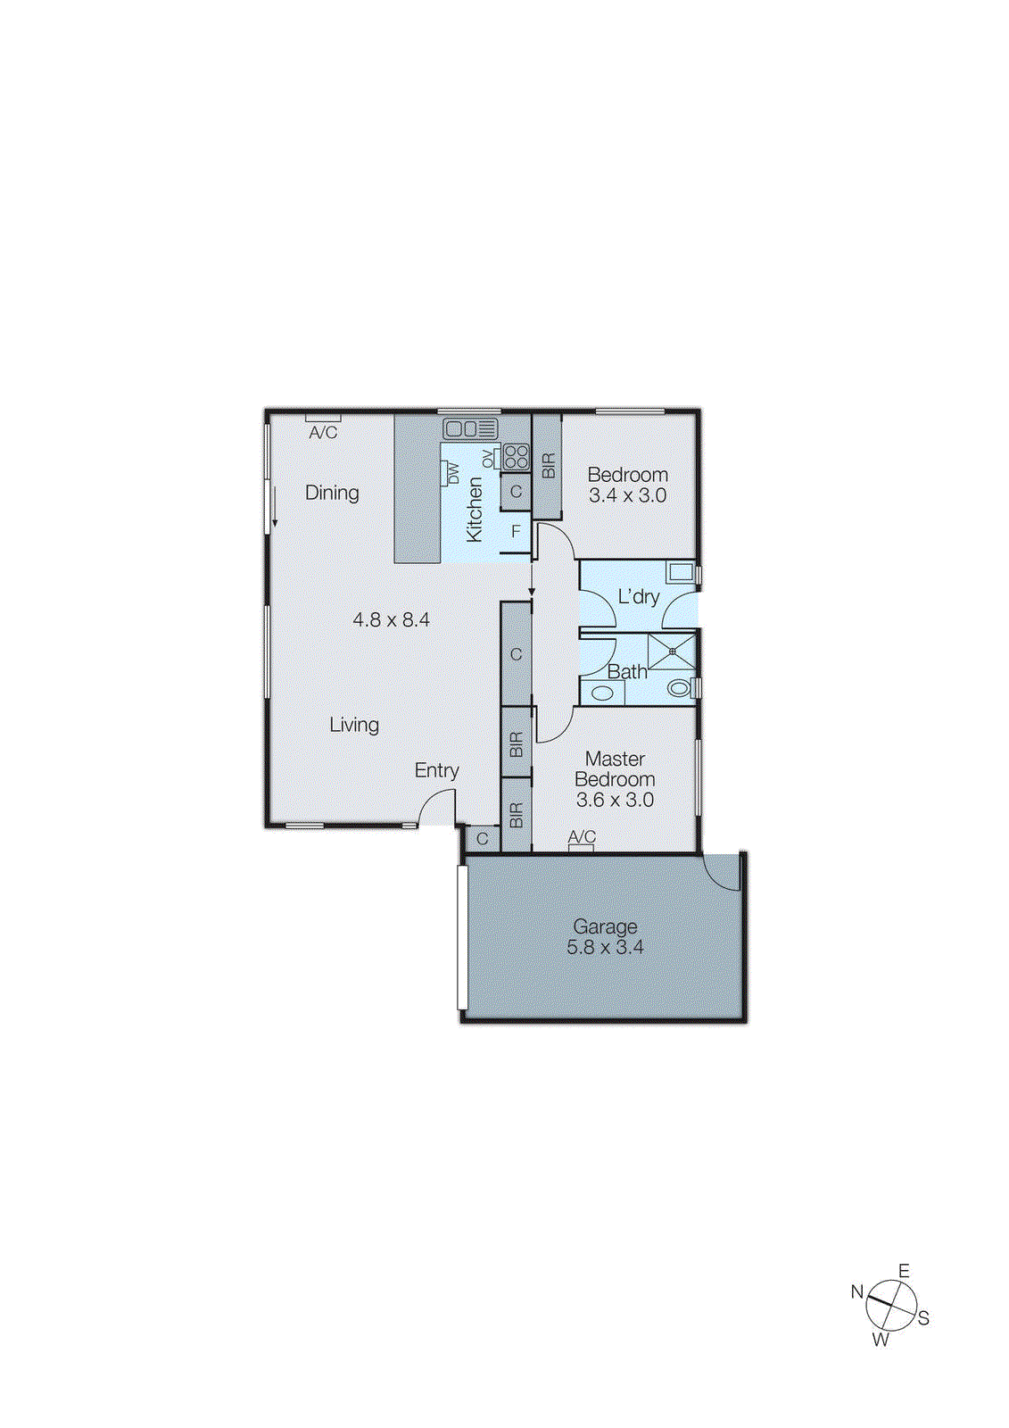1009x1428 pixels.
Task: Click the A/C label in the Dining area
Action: (x=323, y=433)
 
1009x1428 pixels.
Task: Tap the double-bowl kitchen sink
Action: (x=470, y=428)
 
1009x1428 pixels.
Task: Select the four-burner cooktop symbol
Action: (x=516, y=457)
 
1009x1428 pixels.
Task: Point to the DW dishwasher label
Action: (x=452, y=473)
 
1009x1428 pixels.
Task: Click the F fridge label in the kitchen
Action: (x=516, y=532)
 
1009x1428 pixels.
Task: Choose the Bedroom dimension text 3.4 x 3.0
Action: (x=627, y=496)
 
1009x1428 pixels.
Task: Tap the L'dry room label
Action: (x=639, y=596)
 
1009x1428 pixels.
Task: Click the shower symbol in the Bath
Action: (x=672, y=652)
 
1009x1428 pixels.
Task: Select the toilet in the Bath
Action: (x=680, y=688)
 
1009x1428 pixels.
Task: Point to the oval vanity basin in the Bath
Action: (x=602, y=693)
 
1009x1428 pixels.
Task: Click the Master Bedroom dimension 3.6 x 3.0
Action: (x=615, y=801)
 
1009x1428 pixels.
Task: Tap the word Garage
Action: (x=605, y=926)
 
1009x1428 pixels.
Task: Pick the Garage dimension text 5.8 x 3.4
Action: (x=605, y=948)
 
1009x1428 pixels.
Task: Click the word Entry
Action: (x=436, y=770)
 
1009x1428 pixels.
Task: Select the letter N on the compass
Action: (x=856, y=1291)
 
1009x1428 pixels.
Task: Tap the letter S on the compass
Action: (x=923, y=1318)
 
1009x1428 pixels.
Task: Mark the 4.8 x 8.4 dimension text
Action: (x=391, y=619)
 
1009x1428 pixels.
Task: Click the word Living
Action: (x=354, y=725)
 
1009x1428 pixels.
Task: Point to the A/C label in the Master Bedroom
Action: (x=582, y=837)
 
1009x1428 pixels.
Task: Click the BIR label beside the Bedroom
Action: (x=548, y=466)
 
